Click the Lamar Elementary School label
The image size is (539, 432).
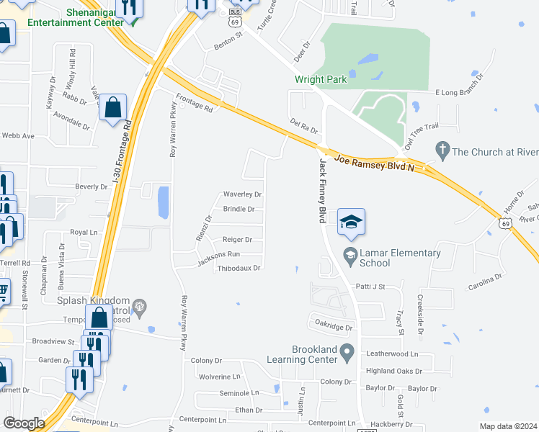(x=401, y=258)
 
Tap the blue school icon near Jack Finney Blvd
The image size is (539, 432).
(x=351, y=222)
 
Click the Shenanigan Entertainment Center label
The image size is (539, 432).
(x=75, y=17)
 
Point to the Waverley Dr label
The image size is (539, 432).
(x=241, y=194)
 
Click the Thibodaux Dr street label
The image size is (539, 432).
(x=239, y=268)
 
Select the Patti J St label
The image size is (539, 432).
(x=370, y=286)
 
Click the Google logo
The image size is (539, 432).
(x=23, y=423)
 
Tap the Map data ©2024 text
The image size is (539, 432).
(x=508, y=427)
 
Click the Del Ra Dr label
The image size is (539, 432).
(x=303, y=127)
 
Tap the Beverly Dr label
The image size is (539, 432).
(x=91, y=186)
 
